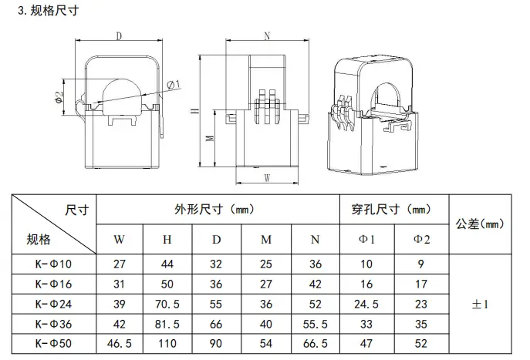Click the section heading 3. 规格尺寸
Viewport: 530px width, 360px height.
pos(49,11)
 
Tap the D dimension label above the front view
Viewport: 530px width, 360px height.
pos(119,35)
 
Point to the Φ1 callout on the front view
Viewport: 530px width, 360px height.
pos(174,84)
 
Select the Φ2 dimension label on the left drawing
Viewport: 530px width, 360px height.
pos(59,97)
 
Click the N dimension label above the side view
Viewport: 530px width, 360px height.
pos(267,35)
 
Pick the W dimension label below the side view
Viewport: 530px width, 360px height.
pos(267,177)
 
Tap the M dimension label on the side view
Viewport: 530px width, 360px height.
pos(210,138)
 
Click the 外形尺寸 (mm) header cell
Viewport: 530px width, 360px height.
pos(214,210)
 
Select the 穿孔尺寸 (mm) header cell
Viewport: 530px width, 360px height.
pos(391,210)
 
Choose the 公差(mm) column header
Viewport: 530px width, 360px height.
pos(480,224)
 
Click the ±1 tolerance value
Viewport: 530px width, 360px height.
pos(480,304)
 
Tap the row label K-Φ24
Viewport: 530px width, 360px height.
pos(53,304)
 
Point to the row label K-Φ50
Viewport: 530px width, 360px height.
pos(53,344)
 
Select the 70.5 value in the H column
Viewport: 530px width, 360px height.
pos(167,304)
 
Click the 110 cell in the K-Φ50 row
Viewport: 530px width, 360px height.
pos(167,344)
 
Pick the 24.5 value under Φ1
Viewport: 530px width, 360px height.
pos(366,304)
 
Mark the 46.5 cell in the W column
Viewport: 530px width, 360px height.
pos(120,344)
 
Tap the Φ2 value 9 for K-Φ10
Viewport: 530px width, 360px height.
pos(420,264)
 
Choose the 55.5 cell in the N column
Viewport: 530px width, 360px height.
pos(315,325)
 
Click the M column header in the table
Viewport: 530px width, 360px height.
pos(266,240)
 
